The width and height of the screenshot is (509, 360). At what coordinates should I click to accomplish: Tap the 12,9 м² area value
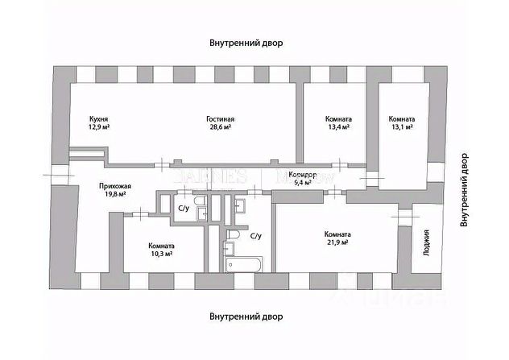coord(99,127)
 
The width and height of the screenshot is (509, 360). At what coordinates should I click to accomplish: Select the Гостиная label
coord(220,118)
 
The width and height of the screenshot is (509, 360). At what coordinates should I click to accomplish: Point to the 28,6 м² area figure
coord(220,127)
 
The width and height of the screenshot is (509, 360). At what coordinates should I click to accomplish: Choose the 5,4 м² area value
coord(304,183)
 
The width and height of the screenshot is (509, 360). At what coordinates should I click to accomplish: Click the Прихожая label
coord(114,185)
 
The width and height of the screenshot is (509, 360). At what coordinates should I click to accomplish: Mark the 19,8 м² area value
coord(114,194)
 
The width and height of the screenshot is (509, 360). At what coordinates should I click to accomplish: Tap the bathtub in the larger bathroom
coord(242,265)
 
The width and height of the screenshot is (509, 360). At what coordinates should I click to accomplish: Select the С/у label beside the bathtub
coord(256,237)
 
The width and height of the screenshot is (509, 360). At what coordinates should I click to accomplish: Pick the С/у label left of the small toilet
coord(184,209)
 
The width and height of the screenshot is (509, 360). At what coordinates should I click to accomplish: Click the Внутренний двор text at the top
coord(248,42)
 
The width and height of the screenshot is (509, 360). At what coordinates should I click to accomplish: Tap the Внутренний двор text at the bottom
coord(246,317)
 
